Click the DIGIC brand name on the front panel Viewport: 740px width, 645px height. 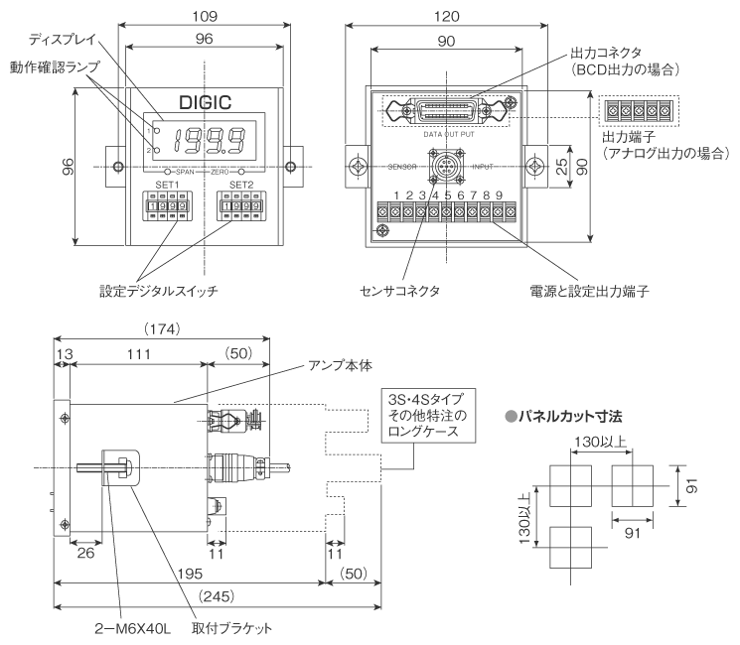pos(205,102)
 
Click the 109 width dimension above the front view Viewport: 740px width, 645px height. pos(204,16)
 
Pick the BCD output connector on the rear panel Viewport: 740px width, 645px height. pos(443,109)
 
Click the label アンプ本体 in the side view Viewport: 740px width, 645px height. pos(345,364)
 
